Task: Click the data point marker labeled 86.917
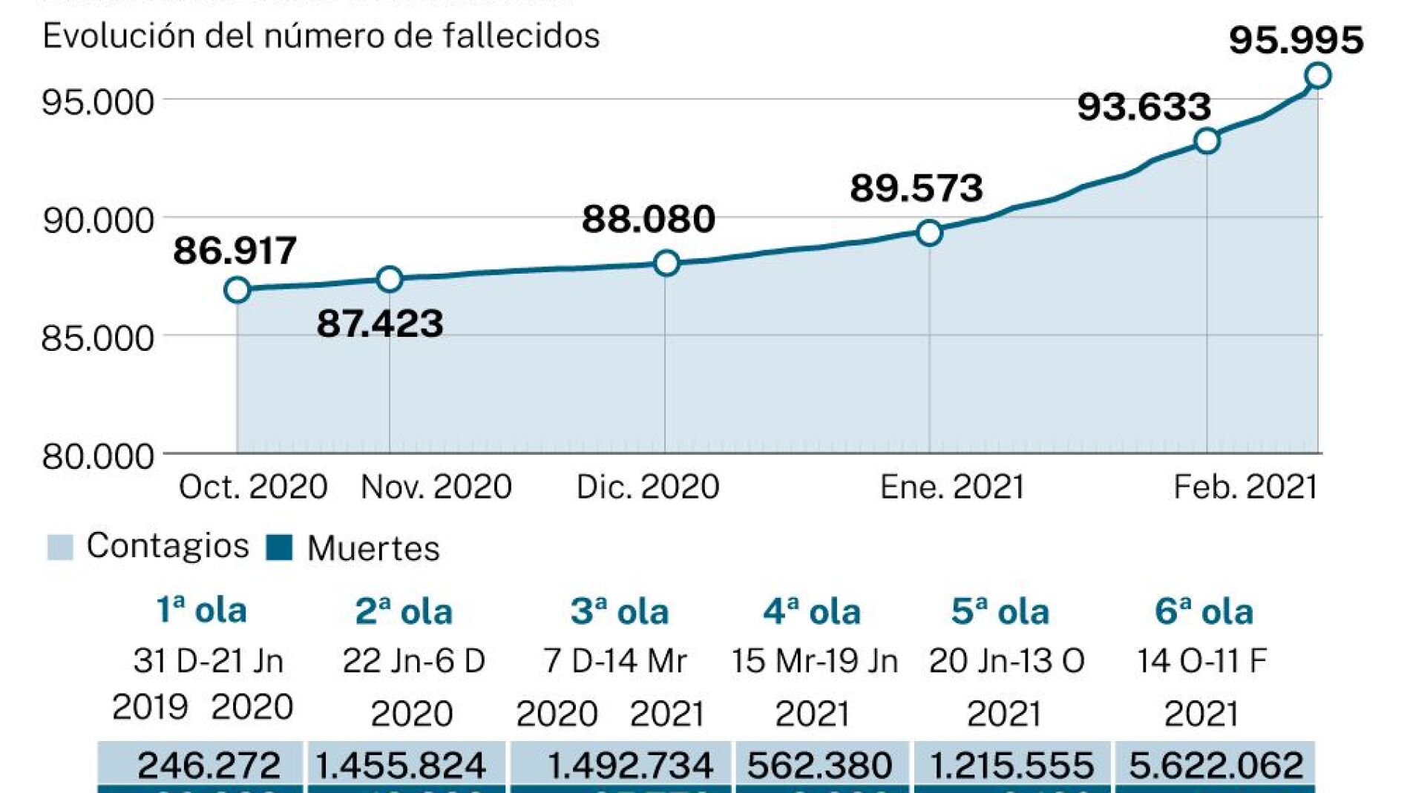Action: tap(237, 290)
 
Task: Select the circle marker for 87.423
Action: tap(390, 280)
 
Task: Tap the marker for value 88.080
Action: tap(666, 263)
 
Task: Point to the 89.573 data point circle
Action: tap(929, 233)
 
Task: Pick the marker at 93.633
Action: tap(1207, 141)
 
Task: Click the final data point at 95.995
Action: tap(1318, 76)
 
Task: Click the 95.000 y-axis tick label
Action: tap(98, 102)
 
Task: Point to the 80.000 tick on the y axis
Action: tap(98, 455)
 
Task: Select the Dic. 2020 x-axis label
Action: tap(647, 487)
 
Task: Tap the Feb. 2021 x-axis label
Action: tap(1245, 487)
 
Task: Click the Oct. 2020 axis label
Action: tap(253, 487)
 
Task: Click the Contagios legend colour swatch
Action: tap(60, 547)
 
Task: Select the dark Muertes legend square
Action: tap(279, 547)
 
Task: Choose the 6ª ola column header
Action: tap(1204, 612)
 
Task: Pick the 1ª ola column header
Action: tap(201, 611)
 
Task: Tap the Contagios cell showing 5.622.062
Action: tap(1216, 765)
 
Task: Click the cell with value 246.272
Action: tap(209, 765)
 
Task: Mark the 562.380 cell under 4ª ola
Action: tap(819, 765)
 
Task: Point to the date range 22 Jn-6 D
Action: tap(413, 661)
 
